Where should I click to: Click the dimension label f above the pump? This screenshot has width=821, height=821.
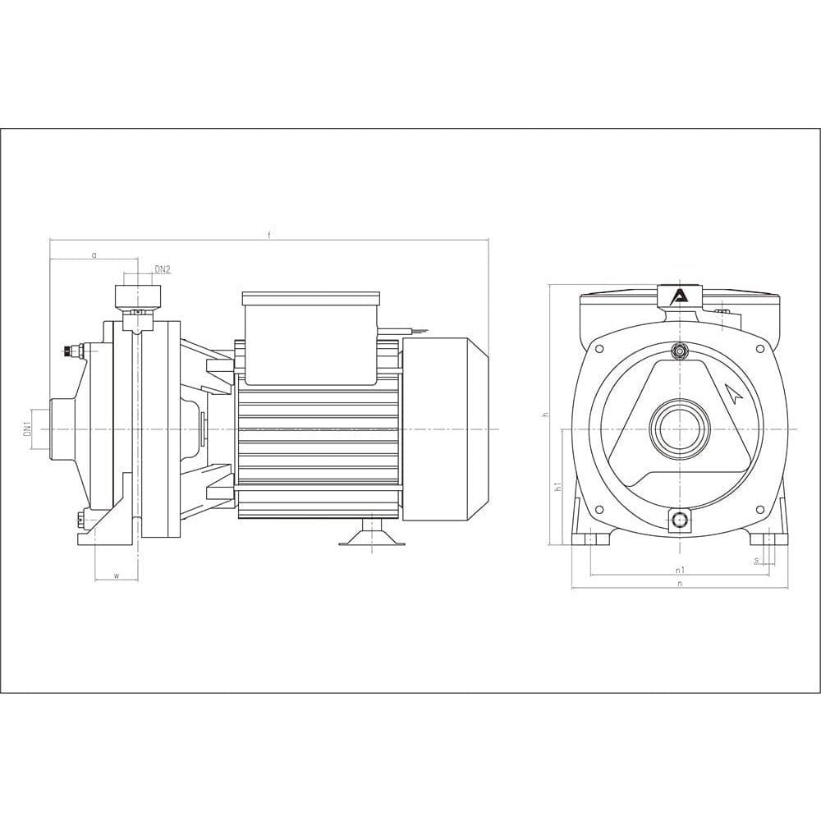(x=268, y=235)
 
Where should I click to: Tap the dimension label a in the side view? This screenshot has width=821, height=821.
(x=94, y=255)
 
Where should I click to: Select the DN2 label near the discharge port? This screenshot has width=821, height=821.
(x=162, y=269)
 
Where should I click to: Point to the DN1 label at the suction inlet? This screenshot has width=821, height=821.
(x=27, y=429)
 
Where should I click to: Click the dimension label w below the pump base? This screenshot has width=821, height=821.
(x=116, y=576)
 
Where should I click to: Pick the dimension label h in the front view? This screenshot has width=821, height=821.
(x=544, y=415)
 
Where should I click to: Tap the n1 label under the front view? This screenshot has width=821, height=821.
(x=680, y=569)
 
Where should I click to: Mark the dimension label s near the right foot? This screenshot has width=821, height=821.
(x=755, y=561)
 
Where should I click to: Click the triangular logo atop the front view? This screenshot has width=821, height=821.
(x=679, y=297)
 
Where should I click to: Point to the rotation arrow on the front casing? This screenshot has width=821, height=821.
(x=734, y=394)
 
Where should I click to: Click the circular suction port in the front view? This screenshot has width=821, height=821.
(x=680, y=429)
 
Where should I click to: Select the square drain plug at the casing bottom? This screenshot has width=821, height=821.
(x=680, y=520)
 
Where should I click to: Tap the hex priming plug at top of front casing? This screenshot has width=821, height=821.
(x=680, y=351)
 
